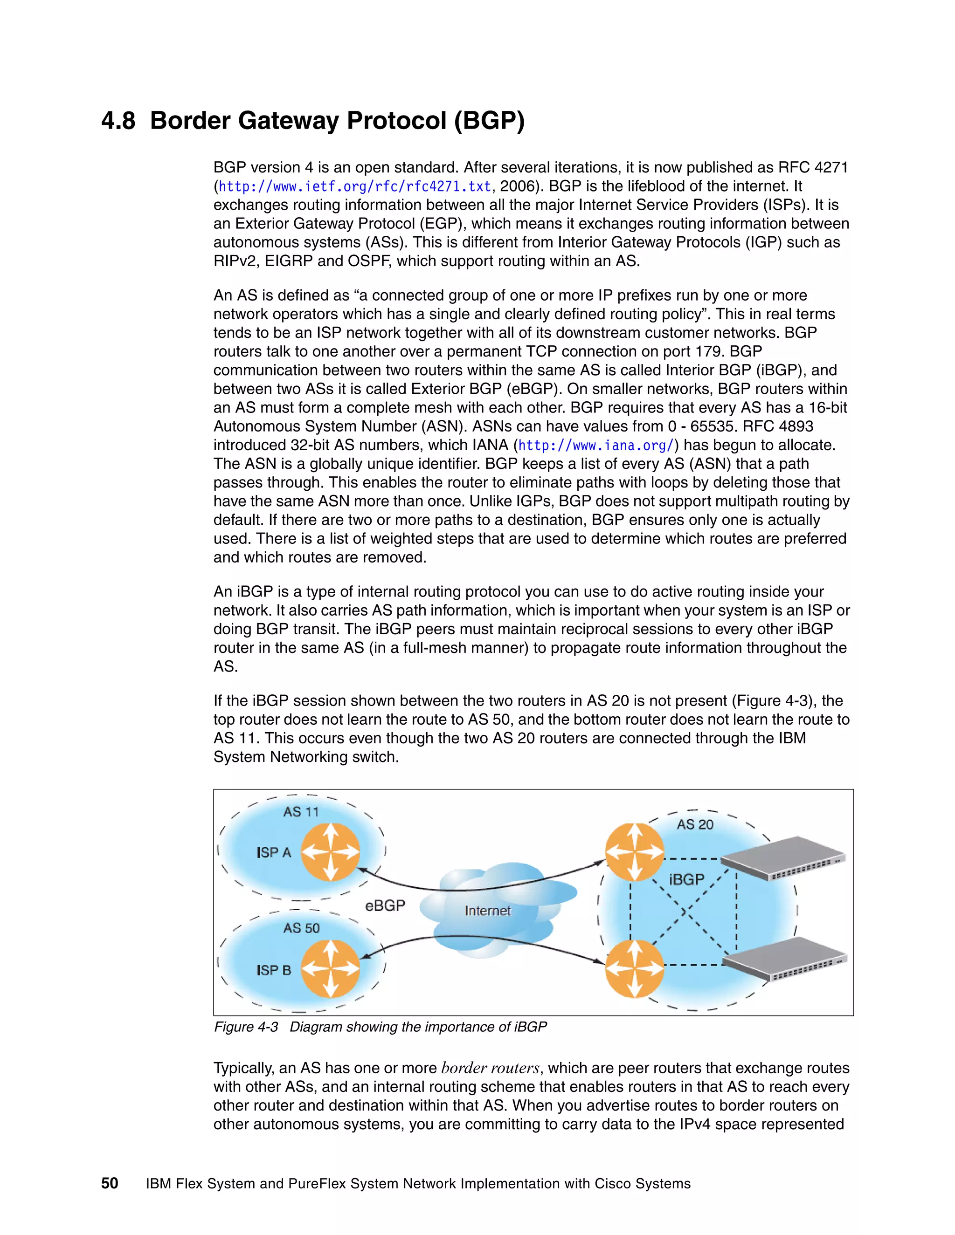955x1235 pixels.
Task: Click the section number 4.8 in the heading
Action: tap(118, 121)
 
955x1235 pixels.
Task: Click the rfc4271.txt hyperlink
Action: tap(355, 186)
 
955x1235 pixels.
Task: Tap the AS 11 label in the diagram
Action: tap(301, 812)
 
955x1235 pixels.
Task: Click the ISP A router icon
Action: tap(330, 851)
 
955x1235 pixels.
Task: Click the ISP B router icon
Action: tap(330, 969)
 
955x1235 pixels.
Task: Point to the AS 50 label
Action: tap(301, 928)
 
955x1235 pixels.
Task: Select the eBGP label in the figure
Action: tap(385, 906)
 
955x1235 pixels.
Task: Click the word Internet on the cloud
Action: tap(487, 911)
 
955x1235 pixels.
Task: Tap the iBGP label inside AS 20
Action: tap(686, 879)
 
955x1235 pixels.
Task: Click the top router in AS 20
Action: tap(634, 851)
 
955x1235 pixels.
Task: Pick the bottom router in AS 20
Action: tap(634, 969)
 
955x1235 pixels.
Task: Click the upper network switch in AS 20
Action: tap(783, 858)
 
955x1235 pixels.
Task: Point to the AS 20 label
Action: tap(695, 824)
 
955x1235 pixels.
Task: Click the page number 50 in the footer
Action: tap(110, 1184)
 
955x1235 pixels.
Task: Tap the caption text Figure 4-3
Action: tap(246, 1027)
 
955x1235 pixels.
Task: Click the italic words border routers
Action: tap(491, 1068)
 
